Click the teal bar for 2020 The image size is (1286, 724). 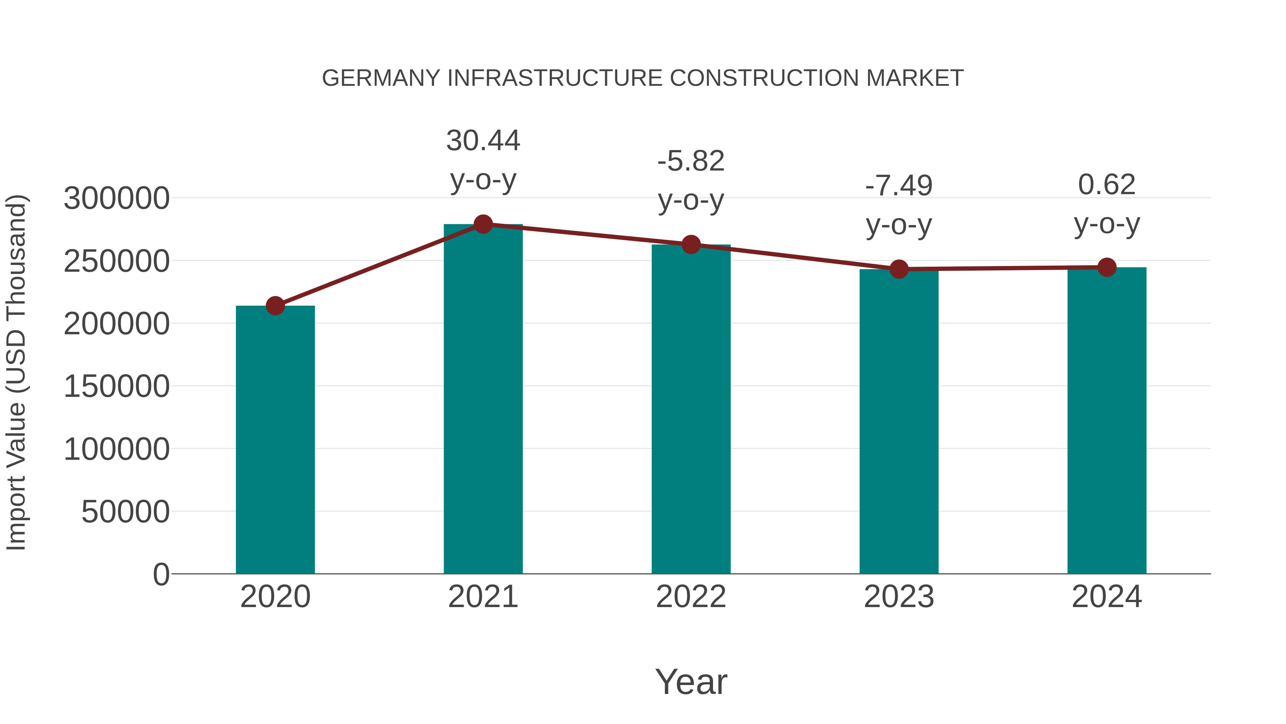point(275,440)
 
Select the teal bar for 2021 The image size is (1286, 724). point(483,400)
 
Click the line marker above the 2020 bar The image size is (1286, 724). point(275,306)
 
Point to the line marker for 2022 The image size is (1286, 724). point(691,244)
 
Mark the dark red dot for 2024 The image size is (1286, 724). point(1107,267)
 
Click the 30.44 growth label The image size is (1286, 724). point(483,141)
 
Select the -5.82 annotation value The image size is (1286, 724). point(691,161)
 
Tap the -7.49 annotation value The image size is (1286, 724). point(899,186)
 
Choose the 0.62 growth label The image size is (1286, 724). point(1107,185)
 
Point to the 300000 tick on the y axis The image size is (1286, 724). point(117,198)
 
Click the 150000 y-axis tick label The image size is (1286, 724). point(117,386)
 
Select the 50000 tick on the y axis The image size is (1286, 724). point(125,512)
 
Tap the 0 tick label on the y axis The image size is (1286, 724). point(161,574)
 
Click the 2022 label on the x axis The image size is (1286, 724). point(691,597)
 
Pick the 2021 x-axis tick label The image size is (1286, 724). point(483,597)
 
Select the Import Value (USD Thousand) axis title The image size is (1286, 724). point(16,373)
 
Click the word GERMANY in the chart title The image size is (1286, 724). point(381,78)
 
